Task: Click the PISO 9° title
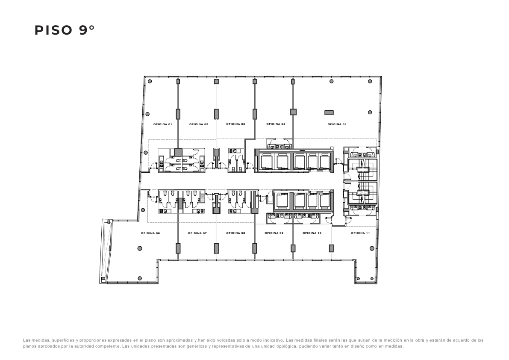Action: (x=64, y=30)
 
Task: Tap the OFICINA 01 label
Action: (x=163, y=124)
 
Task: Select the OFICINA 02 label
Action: (x=199, y=124)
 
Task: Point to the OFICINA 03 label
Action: (x=235, y=124)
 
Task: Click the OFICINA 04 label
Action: (x=276, y=124)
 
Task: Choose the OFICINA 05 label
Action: (x=337, y=124)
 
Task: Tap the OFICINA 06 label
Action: (x=150, y=233)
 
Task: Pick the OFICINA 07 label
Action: (x=197, y=233)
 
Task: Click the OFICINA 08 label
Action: (x=235, y=233)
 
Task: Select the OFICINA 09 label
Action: (x=274, y=233)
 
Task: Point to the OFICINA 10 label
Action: (x=312, y=233)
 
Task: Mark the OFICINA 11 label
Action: (x=360, y=233)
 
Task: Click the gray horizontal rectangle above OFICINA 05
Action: (x=329, y=112)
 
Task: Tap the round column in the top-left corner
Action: (x=150, y=81)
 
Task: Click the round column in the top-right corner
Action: (x=370, y=81)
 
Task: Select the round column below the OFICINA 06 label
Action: (x=140, y=248)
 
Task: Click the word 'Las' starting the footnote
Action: (x=26, y=340)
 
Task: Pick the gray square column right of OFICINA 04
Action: (x=293, y=112)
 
